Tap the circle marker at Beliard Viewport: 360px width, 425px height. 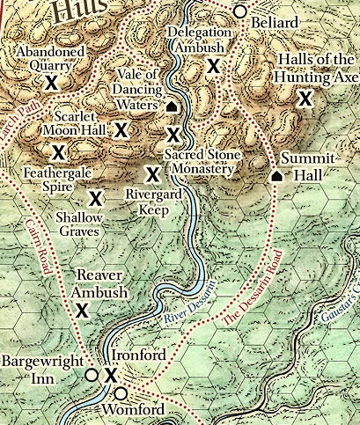point(239,11)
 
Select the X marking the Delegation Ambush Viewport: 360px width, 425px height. point(212,66)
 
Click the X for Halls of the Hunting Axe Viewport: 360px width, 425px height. point(305,99)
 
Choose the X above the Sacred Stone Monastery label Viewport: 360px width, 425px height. point(173,135)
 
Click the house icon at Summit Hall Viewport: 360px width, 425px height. point(276,175)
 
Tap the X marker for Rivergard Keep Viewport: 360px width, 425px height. point(151,174)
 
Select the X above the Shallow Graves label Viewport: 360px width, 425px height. point(94,197)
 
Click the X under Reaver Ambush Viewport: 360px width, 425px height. point(82,309)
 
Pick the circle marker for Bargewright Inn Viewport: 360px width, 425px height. point(90,375)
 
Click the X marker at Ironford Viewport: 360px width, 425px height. point(111,376)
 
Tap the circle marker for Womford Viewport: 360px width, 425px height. point(120,392)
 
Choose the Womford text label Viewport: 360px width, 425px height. point(134,411)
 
